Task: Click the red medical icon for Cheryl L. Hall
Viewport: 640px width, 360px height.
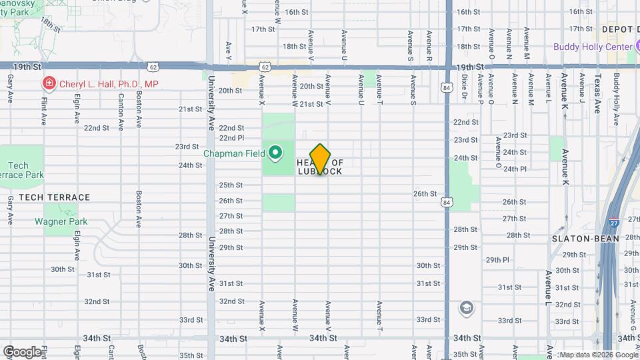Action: point(49,84)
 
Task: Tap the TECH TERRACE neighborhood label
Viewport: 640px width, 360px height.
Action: point(54,197)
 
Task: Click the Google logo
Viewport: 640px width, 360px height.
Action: point(22,351)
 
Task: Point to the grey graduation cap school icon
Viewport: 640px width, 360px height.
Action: point(467,308)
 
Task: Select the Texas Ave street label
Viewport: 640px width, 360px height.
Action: point(597,94)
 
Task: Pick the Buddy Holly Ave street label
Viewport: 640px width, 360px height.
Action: point(617,93)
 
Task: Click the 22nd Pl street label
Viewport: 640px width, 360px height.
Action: point(231,138)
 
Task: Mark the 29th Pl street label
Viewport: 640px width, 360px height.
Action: point(497,260)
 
